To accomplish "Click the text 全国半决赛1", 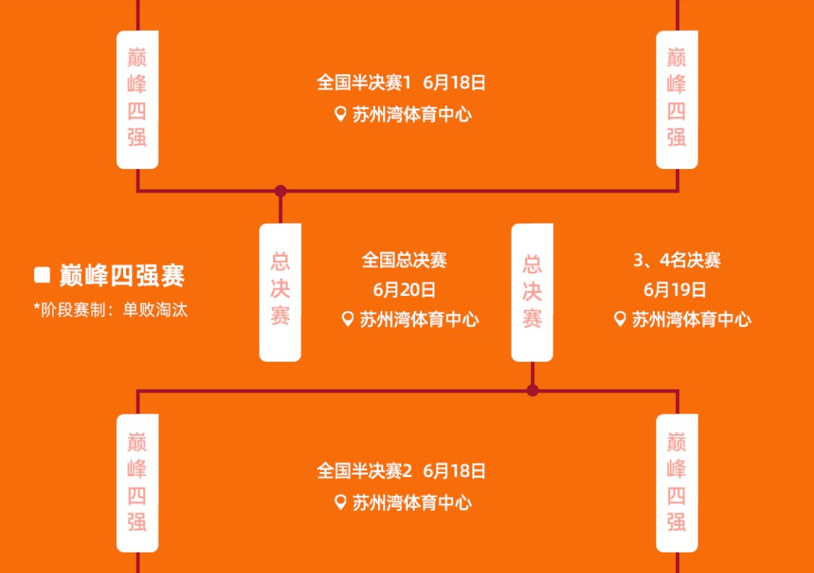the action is (364, 82).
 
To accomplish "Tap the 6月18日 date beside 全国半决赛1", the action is (454, 82).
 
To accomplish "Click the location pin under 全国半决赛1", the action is (340, 114).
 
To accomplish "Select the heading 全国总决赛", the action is (404, 260).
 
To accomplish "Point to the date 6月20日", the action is (404, 290).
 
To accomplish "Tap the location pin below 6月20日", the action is (347, 319).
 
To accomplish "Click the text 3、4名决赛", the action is (677, 260).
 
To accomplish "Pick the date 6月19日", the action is (674, 290).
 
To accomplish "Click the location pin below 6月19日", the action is (619, 319).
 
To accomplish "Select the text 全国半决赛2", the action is (364, 471).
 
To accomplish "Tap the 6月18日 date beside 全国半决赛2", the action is (454, 471).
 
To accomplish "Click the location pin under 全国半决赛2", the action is (340, 502).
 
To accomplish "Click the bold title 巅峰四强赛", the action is (122, 276).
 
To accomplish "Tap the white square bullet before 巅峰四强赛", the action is (42, 275).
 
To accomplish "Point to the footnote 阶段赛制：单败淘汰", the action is (114, 310).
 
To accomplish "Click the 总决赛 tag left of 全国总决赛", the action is (280, 292).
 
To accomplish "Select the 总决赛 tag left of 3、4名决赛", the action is (532, 292).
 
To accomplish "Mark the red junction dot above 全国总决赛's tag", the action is (281, 191).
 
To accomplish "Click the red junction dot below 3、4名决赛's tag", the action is (532, 390).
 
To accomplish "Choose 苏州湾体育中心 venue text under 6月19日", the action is (691, 319).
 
